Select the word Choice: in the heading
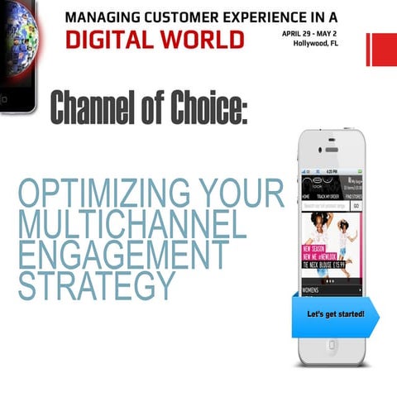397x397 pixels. pos(207,108)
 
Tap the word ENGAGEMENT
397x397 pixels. pos(122,255)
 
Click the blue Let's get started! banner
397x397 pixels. pos(336,316)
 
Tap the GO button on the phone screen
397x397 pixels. pos(356,205)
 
